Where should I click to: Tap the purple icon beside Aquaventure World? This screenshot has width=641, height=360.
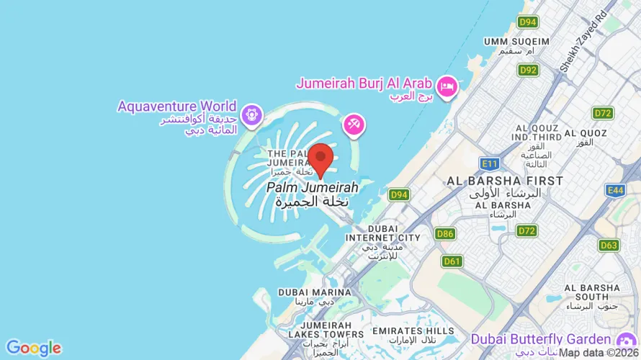251,113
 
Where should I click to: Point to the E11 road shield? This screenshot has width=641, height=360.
490,164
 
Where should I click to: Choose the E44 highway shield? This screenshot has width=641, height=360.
615,190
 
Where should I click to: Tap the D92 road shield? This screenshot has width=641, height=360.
528,70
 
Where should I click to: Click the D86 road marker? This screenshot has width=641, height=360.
445,233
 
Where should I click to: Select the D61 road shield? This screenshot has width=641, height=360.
452,261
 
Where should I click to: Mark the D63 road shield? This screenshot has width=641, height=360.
609,245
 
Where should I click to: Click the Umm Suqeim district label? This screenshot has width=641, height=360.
516,42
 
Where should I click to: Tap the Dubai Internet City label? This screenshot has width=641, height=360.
382,238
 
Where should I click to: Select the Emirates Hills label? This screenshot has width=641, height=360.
413,331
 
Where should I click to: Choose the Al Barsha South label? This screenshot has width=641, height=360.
591,292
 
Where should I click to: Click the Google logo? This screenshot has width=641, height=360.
33,348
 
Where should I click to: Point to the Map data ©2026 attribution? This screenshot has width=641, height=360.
599,353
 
